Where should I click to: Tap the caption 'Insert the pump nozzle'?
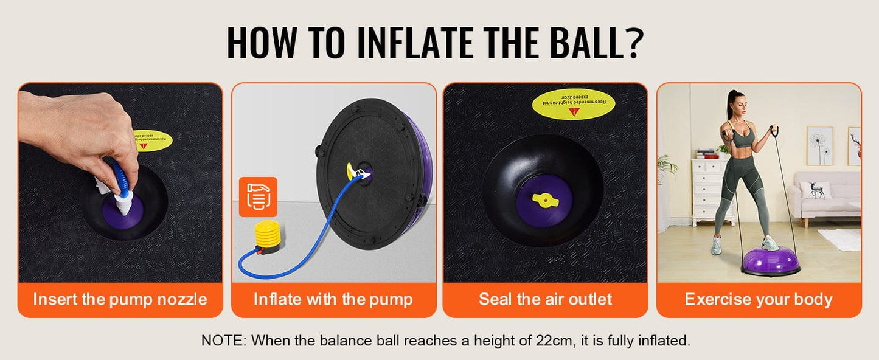pos(120,299)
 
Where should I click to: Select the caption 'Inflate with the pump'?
pos(333,299)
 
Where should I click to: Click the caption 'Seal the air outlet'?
pos(545,299)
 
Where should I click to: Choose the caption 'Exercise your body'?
pos(759,299)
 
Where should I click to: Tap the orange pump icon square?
pos(259,196)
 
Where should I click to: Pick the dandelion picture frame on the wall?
pos(819,145)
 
